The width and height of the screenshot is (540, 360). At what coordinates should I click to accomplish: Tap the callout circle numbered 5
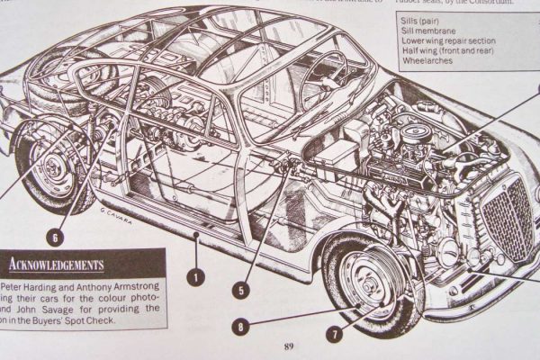(239, 291)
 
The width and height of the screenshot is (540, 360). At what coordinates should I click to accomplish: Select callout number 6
(56, 238)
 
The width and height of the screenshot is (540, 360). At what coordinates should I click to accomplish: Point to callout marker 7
(334, 335)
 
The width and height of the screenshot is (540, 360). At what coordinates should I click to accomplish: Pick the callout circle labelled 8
(239, 328)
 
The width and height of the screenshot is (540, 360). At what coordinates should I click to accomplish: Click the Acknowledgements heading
(56, 265)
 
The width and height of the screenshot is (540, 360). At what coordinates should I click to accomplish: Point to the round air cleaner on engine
(417, 134)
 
